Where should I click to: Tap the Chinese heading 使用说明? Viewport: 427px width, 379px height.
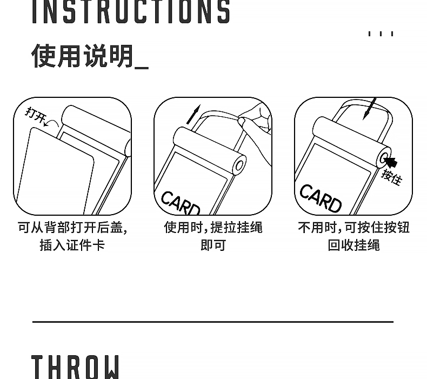(83, 56)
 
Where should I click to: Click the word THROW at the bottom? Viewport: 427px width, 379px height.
(76, 367)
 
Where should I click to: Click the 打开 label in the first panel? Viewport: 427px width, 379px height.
(35, 115)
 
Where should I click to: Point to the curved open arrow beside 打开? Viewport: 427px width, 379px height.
(52, 123)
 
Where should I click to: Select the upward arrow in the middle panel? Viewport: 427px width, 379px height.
(194, 114)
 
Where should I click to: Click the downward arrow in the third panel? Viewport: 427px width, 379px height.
(370, 109)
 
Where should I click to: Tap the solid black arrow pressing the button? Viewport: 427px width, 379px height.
(391, 162)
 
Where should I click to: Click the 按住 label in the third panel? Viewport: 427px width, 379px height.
(392, 177)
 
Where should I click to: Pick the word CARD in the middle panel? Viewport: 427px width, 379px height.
(181, 203)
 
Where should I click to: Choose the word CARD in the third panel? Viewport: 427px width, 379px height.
(320, 198)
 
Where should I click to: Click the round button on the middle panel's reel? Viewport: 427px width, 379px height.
(239, 165)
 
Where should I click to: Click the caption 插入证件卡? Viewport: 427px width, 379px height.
(72, 245)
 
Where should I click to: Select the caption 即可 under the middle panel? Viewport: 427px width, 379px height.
(213, 245)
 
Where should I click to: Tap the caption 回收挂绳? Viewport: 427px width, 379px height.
(353, 245)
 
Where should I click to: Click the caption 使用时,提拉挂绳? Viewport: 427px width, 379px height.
(213, 227)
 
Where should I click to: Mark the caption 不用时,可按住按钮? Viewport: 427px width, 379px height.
(353, 227)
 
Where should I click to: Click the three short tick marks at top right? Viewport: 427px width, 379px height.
(381, 34)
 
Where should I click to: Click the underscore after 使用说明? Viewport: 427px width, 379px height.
(142, 68)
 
